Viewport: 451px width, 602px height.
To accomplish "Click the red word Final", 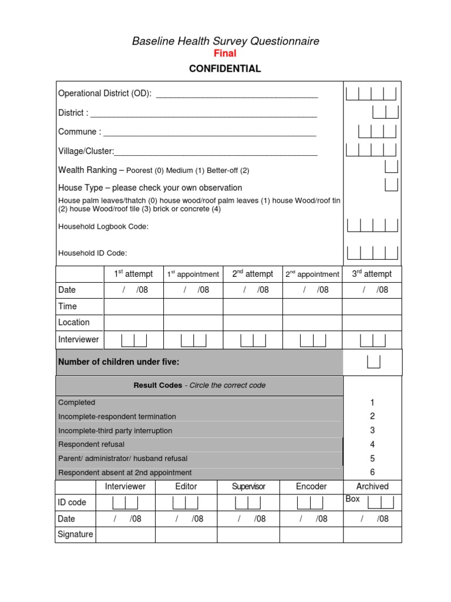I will click(x=225, y=53).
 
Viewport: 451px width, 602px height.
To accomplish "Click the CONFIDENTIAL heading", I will click(x=225, y=69).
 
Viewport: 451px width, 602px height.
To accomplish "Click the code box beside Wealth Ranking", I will click(x=391, y=166).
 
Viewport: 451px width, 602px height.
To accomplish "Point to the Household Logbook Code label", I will click(x=103, y=226).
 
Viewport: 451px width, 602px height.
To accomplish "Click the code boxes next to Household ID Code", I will click(x=372, y=252).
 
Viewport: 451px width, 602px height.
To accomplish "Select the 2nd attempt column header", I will click(x=253, y=274).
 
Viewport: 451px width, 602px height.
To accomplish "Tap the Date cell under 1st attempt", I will click(x=134, y=290).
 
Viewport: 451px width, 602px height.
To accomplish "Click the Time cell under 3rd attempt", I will click(x=372, y=306).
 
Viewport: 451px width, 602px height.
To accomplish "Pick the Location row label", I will click(x=74, y=322).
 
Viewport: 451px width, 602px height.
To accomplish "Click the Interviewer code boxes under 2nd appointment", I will click(x=312, y=340).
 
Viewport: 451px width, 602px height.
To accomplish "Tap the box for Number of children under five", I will click(x=373, y=362).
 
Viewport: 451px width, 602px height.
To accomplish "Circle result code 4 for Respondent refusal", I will click(x=372, y=444).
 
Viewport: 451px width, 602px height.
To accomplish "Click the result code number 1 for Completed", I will click(x=372, y=403).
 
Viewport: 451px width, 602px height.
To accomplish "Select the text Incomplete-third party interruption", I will click(x=115, y=430).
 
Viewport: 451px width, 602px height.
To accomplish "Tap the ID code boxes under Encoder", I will click(x=310, y=503).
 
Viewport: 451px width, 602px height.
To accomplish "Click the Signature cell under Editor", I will click(x=186, y=534).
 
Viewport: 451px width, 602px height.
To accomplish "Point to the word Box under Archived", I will click(x=353, y=499).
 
